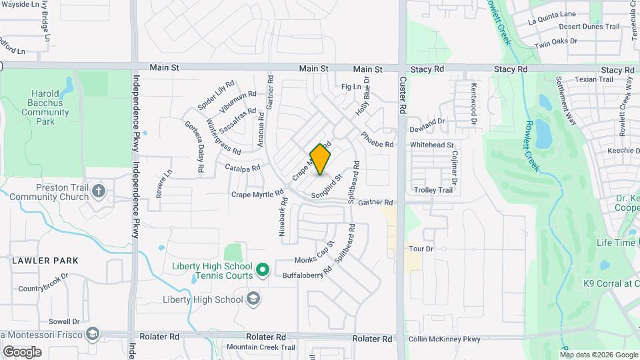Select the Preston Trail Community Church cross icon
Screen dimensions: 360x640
click(x=99, y=192)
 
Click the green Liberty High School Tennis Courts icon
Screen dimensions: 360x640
click(x=263, y=270)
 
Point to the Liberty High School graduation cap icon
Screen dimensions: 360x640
click(x=253, y=299)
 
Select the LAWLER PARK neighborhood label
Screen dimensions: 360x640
click(x=44, y=261)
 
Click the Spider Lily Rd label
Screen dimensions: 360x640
click(x=216, y=96)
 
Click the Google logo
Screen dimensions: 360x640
click(x=22, y=351)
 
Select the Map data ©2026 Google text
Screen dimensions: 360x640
click(x=598, y=355)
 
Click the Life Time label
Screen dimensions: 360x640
click(x=615, y=243)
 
